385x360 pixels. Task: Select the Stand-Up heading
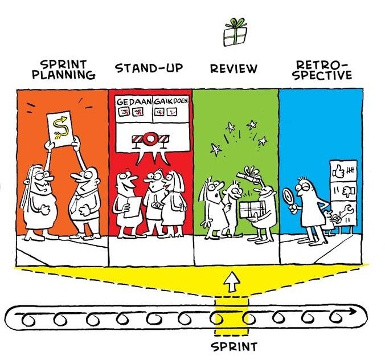click(x=149, y=69)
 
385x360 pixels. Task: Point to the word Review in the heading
click(x=234, y=69)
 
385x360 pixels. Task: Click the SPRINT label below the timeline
click(x=234, y=346)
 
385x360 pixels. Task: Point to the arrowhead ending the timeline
click(x=358, y=312)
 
